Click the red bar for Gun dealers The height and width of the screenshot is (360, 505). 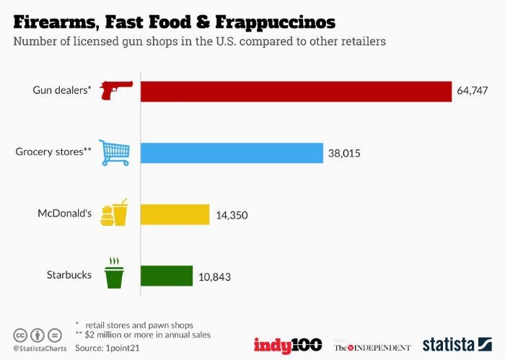click(296, 91)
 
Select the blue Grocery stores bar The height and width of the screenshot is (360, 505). click(231, 153)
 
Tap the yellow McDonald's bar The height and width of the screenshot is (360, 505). click(175, 214)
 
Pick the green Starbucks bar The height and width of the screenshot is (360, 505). click(166, 276)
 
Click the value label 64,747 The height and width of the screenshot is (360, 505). click(473, 92)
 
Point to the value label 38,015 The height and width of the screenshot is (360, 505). click(344, 153)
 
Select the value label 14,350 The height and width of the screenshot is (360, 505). click(232, 215)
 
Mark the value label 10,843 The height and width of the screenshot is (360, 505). click(214, 277)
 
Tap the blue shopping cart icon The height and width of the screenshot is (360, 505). click(115, 152)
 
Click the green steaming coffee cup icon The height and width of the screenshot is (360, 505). click(114, 273)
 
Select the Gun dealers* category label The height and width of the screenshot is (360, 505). click(61, 91)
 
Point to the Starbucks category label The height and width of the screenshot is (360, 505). click(69, 276)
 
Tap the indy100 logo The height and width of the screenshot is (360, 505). click(287, 345)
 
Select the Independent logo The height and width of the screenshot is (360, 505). click(372, 347)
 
